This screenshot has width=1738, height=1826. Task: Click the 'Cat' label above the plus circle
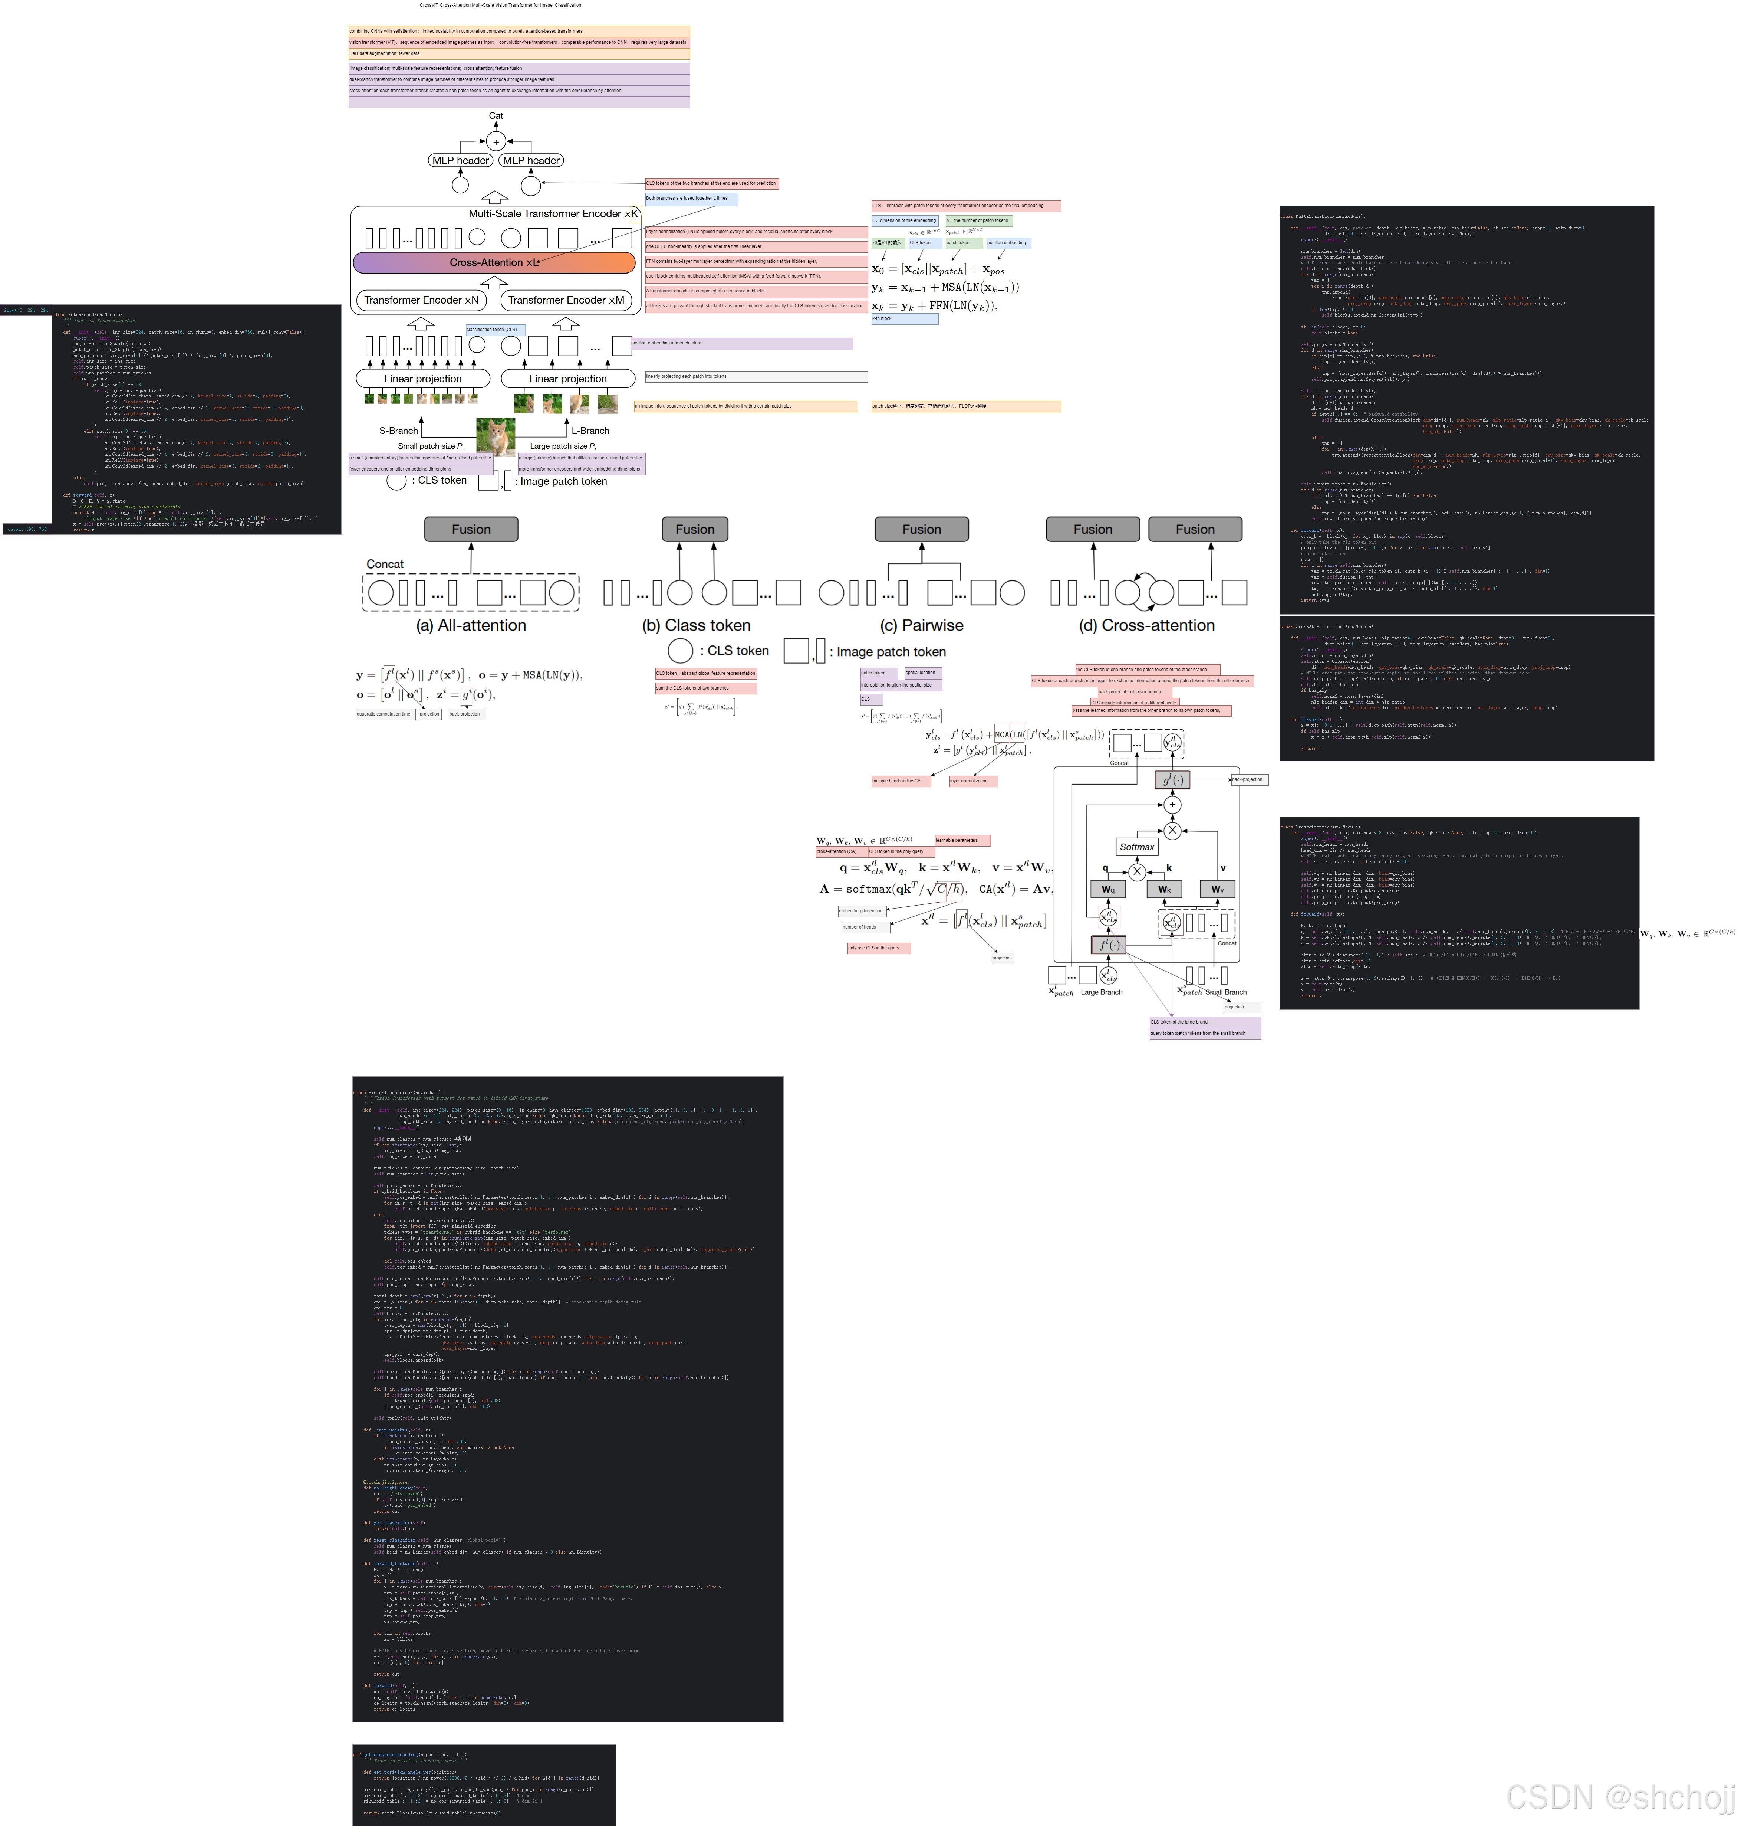[x=496, y=116]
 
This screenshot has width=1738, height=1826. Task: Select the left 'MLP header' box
[x=460, y=160]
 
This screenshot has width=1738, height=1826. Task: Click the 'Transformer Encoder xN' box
[x=422, y=300]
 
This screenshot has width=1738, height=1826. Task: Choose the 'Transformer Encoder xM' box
[x=565, y=300]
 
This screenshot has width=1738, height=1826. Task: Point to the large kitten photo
[x=496, y=436]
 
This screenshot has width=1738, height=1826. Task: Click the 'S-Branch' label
[x=398, y=431]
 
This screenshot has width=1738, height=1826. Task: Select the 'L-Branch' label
[x=590, y=431]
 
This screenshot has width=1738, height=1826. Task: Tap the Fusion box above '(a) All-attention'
[x=471, y=529]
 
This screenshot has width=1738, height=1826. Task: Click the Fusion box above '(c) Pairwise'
[x=921, y=529]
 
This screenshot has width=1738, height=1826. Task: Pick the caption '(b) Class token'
[x=696, y=626]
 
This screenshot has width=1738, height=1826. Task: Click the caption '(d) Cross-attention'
[x=1146, y=626]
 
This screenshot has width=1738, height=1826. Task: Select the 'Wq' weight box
[x=1108, y=889]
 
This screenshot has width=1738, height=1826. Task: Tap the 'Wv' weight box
[x=1217, y=889]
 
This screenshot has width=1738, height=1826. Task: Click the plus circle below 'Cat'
[x=496, y=142]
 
